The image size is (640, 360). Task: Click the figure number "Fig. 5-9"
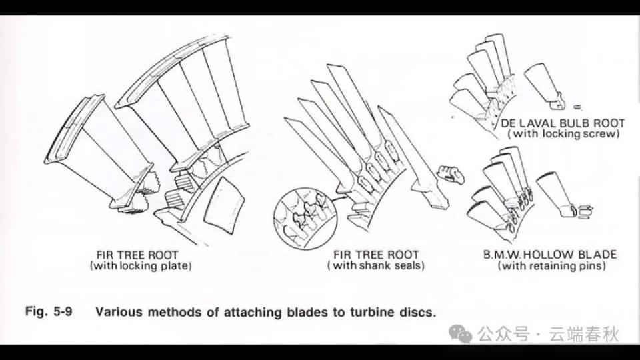point(49,311)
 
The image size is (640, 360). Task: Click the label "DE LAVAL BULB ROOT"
point(563,123)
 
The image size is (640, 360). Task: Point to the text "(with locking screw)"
point(564,133)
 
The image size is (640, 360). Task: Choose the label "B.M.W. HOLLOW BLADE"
point(550,255)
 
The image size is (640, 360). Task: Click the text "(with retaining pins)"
point(551,266)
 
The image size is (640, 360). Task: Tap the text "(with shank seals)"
point(375,266)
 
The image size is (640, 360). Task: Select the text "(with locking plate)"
point(141,266)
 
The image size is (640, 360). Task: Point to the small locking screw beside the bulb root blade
point(577,107)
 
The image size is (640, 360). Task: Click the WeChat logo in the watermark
point(460,334)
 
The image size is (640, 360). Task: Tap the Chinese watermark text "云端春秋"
point(583,334)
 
